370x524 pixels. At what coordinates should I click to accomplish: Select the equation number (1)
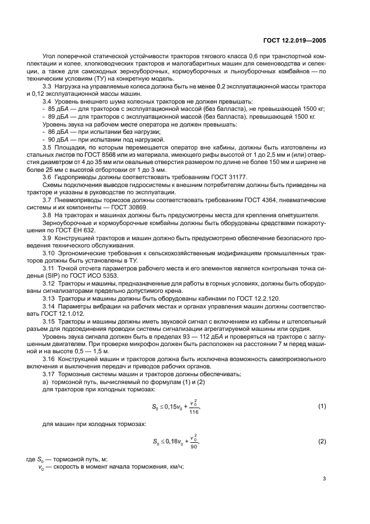coord(322,405)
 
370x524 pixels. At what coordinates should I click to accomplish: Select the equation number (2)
coord(322,442)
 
